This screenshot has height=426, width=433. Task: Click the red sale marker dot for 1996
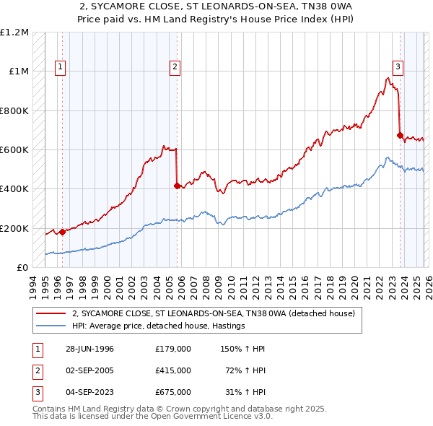(62, 232)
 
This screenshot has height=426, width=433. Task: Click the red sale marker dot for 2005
(177, 186)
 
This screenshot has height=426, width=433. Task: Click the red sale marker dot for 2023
(400, 135)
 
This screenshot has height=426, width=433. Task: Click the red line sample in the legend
(50, 314)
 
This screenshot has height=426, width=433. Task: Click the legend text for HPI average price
(159, 326)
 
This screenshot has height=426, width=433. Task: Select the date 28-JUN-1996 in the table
(87, 349)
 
